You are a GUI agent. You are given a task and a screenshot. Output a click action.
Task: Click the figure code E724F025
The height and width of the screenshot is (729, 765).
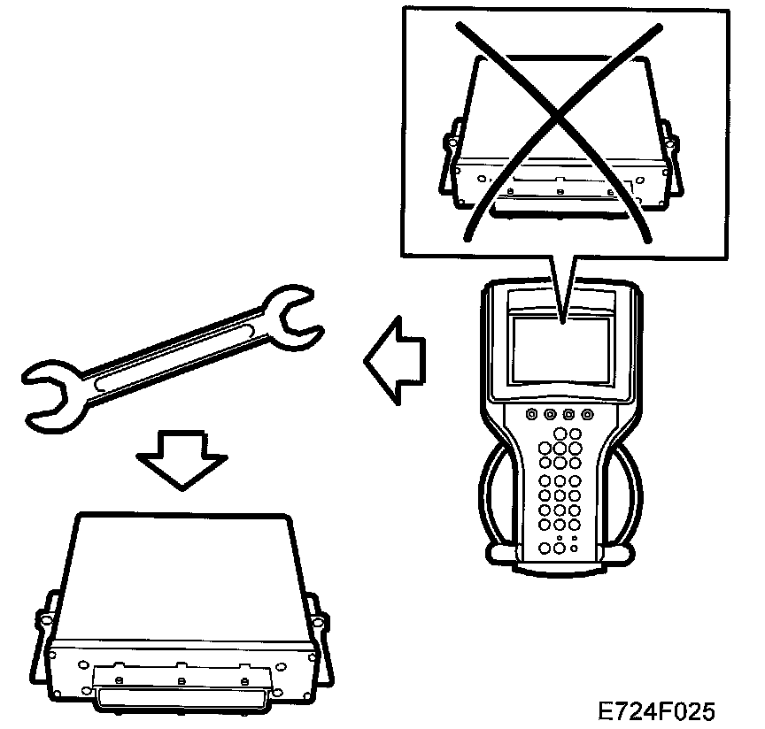[x=656, y=710]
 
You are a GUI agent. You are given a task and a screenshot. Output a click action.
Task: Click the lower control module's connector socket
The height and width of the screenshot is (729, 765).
[x=181, y=695]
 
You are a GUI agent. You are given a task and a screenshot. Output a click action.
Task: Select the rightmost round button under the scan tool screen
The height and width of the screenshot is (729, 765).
[x=585, y=414]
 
